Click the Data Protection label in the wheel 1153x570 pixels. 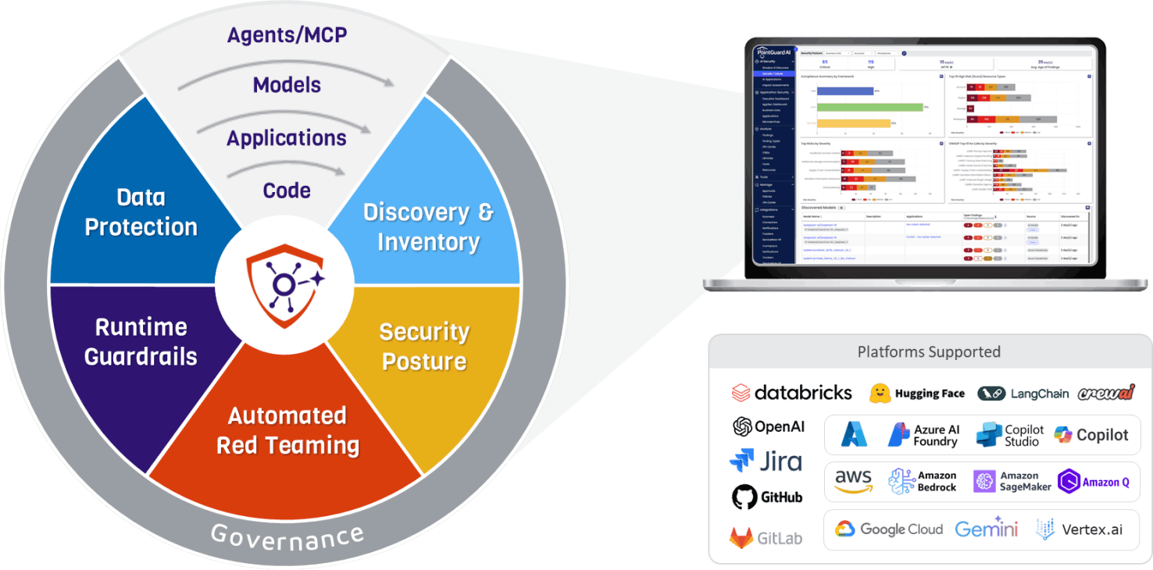[141, 212]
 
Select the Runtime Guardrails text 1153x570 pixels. [141, 341]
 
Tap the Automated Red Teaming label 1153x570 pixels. [287, 430]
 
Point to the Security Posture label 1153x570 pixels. [423, 347]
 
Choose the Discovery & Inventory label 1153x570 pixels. [428, 226]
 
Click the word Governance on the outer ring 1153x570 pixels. [287, 536]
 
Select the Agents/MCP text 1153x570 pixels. [287, 35]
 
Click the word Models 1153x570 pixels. [287, 85]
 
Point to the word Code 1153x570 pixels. [287, 191]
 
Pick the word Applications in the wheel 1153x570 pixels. [287, 138]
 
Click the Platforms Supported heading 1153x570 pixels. [929, 351]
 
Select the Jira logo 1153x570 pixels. [766, 461]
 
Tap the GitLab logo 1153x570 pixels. [766, 537]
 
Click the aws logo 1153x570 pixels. [852, 481]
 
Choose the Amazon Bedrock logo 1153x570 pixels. [923, 482]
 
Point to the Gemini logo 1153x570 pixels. [987, 529]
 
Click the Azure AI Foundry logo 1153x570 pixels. [923, 435]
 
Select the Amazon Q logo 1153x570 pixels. [1094, 482]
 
